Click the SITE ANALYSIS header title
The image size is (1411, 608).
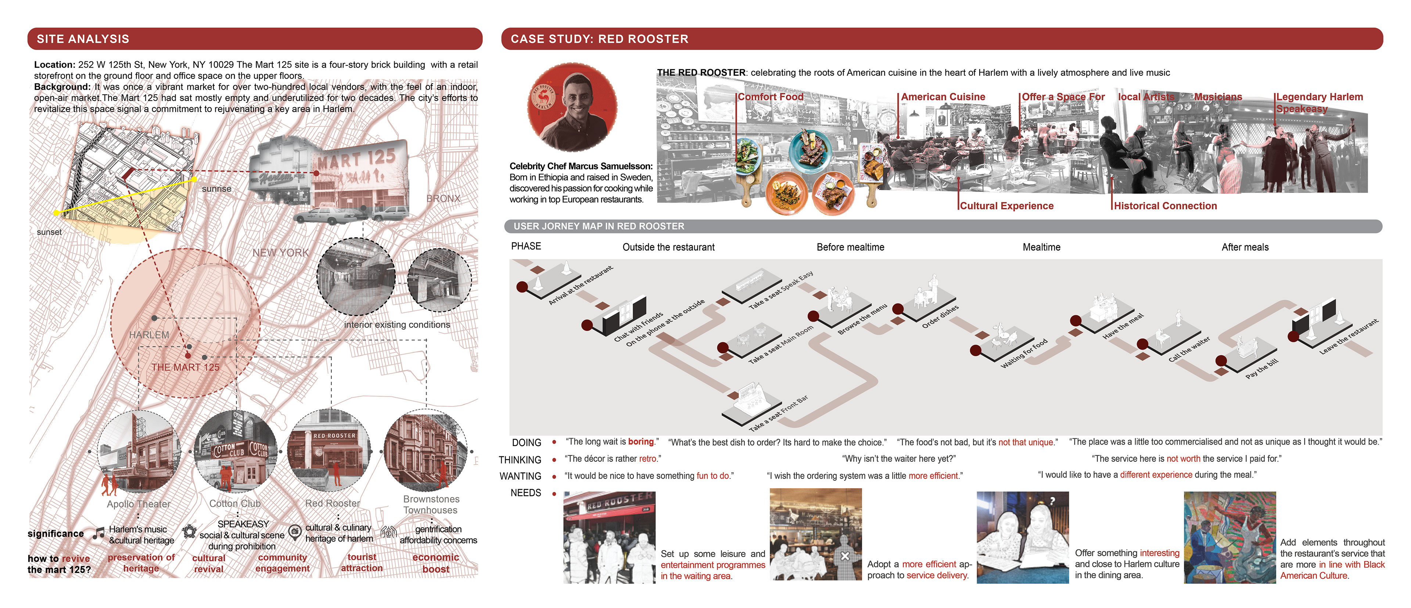pos(83,39)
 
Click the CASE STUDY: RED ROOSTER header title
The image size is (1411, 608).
pos(599,39)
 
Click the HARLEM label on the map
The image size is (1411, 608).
pos(149,334)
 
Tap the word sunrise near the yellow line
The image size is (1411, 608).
pos(216,189)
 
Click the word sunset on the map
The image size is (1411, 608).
pos(49,232)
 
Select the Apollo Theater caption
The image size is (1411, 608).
pos(138,504)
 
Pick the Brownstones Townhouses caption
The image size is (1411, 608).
pos(431,504)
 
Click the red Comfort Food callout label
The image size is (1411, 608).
pos(770,97)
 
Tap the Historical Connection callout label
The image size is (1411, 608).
pos(1165,206)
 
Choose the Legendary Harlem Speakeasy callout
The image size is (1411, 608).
pos(1319,102)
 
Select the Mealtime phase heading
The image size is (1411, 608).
pos(1041,247)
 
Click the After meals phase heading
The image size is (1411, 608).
pos(1245,247)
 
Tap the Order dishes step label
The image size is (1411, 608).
pos(940,316)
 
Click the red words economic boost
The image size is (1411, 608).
pos(435,563)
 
